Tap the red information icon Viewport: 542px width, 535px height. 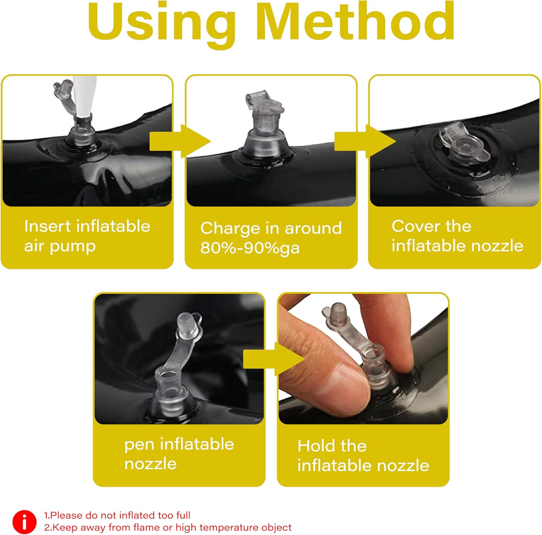click(x=25, y=522)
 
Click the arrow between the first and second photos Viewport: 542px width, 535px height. click(x=180, y=141)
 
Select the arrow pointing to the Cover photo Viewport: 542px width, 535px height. click(x=365, y=141)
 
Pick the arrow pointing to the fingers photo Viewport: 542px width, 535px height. click(x=274, y=359)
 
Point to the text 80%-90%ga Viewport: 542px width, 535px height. click(x=250, y=248)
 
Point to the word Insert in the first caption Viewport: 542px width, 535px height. click(x=47, y=226)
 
